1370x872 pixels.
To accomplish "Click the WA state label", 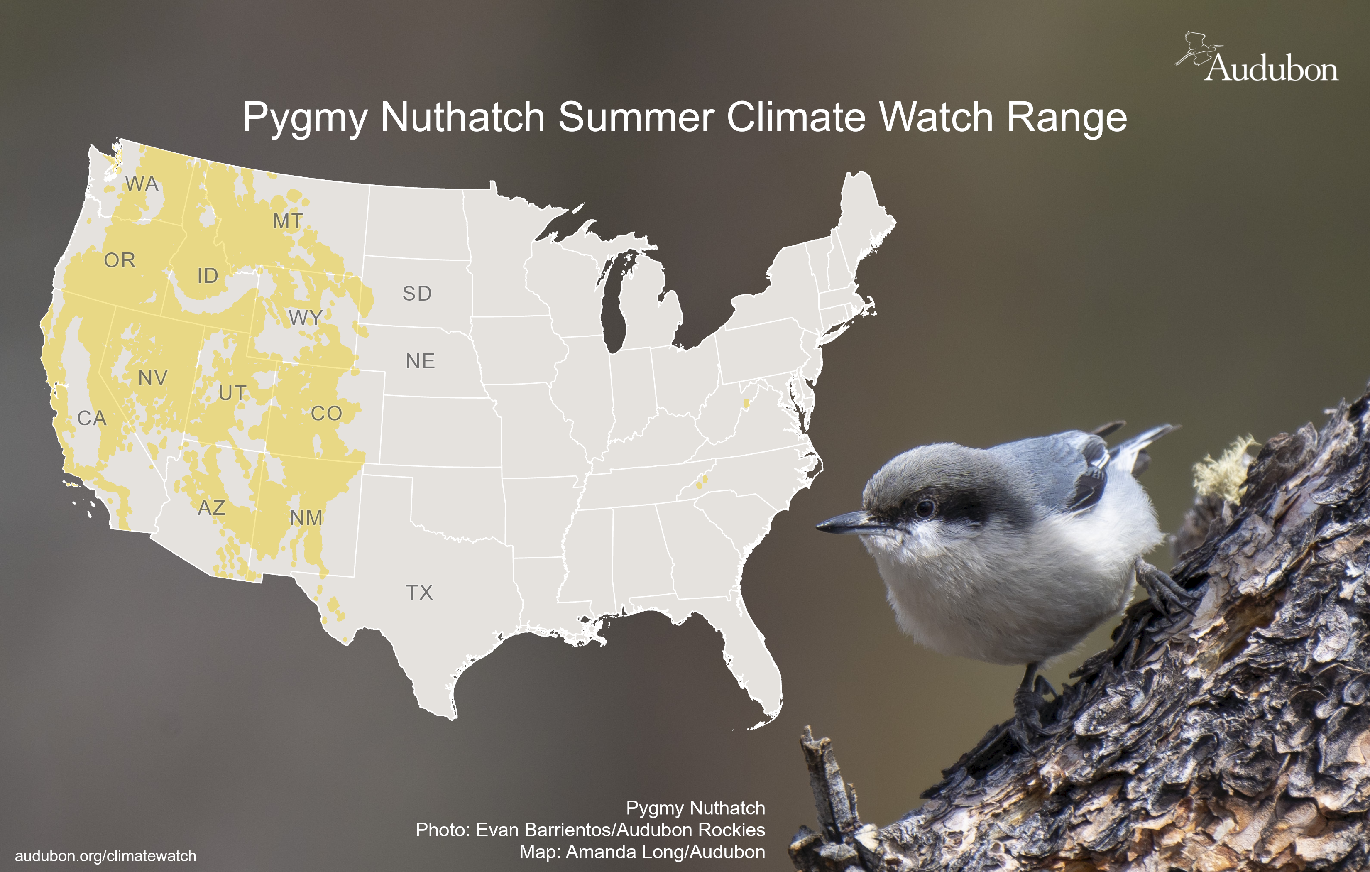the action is point(142,184).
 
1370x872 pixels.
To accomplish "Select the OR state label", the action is point(120,260).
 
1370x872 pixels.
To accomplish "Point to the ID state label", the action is point(208,276).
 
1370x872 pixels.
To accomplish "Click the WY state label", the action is point(306,318).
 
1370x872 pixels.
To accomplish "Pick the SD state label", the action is point(417,293).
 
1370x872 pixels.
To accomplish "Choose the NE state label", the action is point(421,361).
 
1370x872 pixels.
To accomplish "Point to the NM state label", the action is point(306,517).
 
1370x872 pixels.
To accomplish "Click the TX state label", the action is point(419,593).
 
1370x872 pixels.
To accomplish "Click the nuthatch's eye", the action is point(925,507).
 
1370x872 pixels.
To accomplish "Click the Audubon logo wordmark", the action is point(1272,69).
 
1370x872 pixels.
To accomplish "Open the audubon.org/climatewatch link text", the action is point(105,856).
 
